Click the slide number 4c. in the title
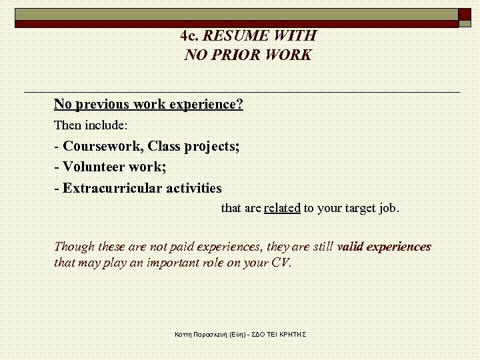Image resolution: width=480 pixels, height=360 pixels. (x=190, y=35)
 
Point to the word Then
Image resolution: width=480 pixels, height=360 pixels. (x=67, y=125)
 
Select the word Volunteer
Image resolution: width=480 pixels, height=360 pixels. (x=97, y=167)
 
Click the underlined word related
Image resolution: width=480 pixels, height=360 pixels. (x=282, y=208)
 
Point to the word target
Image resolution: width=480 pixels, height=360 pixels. (x=359, y=208)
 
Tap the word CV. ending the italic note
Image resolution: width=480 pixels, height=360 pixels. (x=281, y=263)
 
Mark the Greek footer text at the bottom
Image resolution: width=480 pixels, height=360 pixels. (x=239, y=333)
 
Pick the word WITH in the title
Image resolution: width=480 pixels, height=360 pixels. (x=295, y=35)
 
